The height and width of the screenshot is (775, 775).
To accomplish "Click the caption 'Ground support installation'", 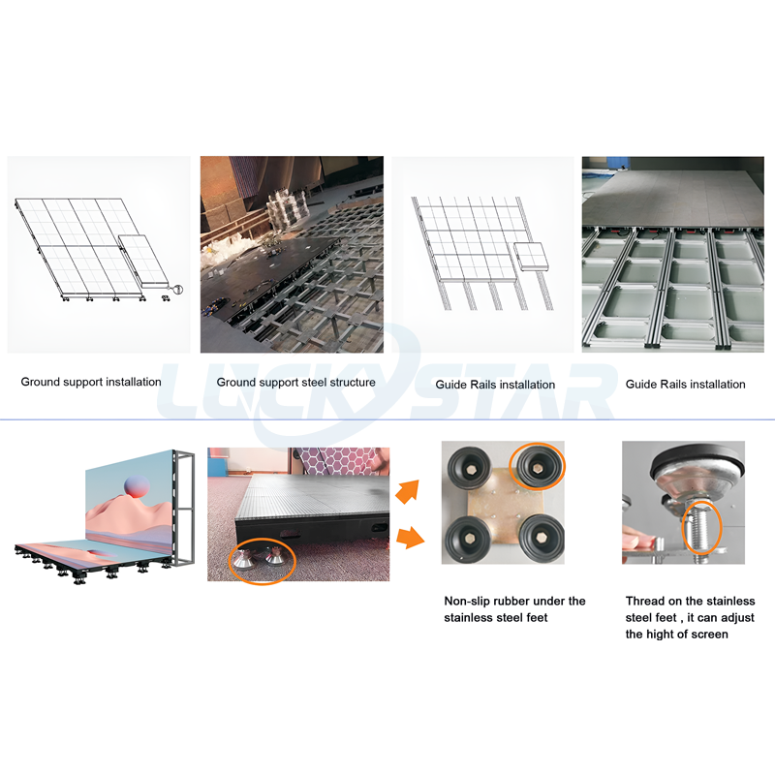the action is click(x=91, y=382).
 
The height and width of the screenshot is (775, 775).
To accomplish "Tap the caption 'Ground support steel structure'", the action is click(x=296, y=382).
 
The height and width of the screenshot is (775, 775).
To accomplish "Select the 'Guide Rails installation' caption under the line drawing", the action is click(x=495, y=385).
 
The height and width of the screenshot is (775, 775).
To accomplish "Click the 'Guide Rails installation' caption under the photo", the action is click(x=686, y=384).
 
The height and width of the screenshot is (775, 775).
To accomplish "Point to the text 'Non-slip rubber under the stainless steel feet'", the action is click(x=514, y=609).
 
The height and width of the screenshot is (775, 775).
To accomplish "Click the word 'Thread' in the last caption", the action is click(x=645, y=601).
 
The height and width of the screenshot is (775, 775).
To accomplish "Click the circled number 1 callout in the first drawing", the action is click(x=178, y=289).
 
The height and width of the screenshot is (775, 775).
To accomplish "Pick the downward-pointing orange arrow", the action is click(x=410, y=538).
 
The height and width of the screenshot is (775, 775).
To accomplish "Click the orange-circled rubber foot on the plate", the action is click(x=537, y=466).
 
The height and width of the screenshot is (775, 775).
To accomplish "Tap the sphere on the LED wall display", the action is click(x=137, y=485).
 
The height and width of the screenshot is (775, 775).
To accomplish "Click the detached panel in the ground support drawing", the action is click(x=143, y=262).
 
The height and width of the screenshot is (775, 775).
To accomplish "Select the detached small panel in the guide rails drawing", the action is click(x=531, y=256).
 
